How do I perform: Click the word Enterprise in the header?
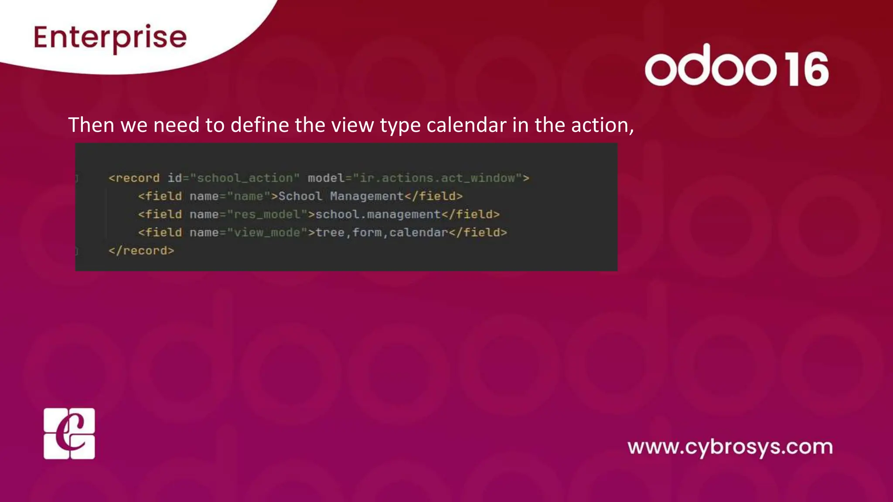[110, 37]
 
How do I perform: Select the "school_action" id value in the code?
[245, 178]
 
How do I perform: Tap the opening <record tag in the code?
[134, 178]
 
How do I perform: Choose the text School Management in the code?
[341, 197]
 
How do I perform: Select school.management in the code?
[378, 215]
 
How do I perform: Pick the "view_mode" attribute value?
[267, 233]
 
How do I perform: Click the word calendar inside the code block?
[419, 233]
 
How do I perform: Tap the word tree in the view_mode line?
[330, 233]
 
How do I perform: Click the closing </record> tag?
[141, 251]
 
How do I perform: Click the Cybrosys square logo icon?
[69, 434]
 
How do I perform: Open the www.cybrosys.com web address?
[730, 448]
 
